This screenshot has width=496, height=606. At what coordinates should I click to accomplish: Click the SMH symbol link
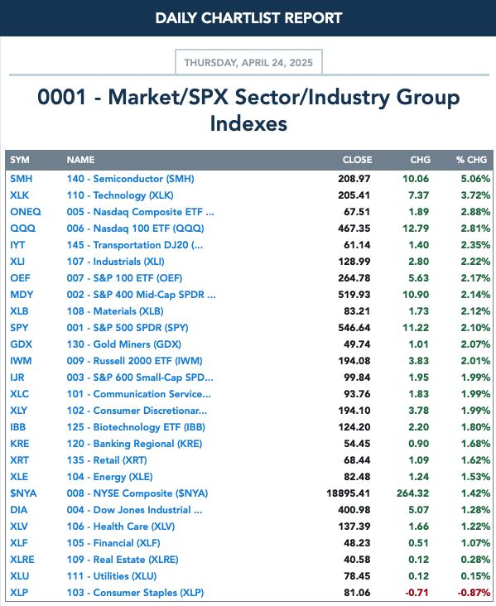click(22, 179)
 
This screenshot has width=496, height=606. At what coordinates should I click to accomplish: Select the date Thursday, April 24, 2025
click(248, 63)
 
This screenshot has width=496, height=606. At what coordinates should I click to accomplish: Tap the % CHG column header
click(471, 160)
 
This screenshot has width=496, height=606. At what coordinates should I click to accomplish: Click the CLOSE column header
click(357, 160)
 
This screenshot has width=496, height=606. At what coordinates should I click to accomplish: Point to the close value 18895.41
click(349, 493)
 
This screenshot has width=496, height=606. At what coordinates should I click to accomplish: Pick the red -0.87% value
click(474, 593)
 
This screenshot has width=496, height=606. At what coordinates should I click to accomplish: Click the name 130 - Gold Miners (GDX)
click(123, 344)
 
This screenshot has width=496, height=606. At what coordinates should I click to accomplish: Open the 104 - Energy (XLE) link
click(110, 477)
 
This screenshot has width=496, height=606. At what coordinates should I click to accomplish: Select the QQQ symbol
click(23, 228)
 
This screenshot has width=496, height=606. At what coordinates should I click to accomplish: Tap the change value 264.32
click(413, 493)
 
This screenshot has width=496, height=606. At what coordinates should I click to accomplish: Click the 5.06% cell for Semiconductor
click(475, 179)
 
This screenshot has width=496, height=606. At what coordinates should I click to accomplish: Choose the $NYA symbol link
click(23, 493)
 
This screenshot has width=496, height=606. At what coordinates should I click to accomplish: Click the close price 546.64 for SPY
click(354, 327)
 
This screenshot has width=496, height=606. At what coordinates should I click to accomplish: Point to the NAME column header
click(80, 160)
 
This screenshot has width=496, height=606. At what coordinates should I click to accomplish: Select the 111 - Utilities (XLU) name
click(112, 576)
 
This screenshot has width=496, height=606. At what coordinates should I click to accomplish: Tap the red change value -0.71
click(417, 593)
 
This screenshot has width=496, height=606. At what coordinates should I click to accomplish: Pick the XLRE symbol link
click(22, 560)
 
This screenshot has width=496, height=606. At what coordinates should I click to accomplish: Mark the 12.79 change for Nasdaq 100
click(416, 228)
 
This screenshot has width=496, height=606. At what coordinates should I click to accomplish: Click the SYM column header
click(20, 160)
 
